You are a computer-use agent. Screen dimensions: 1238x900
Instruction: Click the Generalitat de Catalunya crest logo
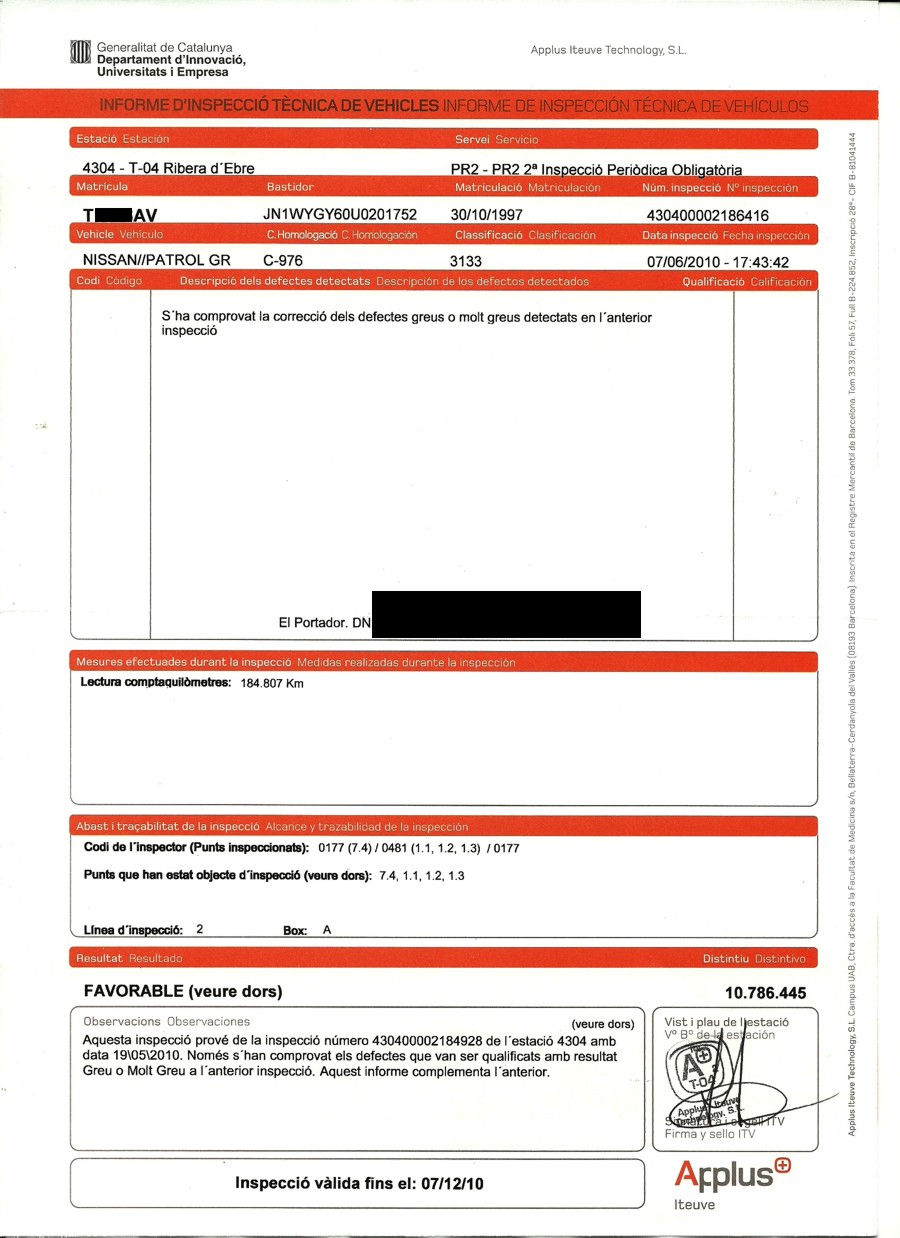(x=81, y=52)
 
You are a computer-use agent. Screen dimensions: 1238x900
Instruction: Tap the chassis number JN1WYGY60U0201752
(x=339, y=214)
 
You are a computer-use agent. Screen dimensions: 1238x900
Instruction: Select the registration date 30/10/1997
(x=487, y=214)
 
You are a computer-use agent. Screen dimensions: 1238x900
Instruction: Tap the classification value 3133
(x=467, y=261)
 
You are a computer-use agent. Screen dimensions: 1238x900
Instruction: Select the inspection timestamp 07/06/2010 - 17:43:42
(x=719, y=262)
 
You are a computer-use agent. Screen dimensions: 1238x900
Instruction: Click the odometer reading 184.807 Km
(x=272, y=684)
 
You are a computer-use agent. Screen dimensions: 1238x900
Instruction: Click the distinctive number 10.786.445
(x=764, y=993)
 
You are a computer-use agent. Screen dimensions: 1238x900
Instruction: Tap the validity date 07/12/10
(x=451, y=1184)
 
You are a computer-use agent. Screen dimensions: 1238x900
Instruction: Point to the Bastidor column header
(x=290, y=187)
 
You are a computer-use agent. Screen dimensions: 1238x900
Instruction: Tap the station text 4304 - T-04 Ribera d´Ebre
(x=161, y=168)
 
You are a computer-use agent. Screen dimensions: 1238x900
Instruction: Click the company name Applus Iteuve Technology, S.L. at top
(x=608, y=50)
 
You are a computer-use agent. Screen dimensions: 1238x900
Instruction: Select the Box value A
(x=326, y=929)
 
